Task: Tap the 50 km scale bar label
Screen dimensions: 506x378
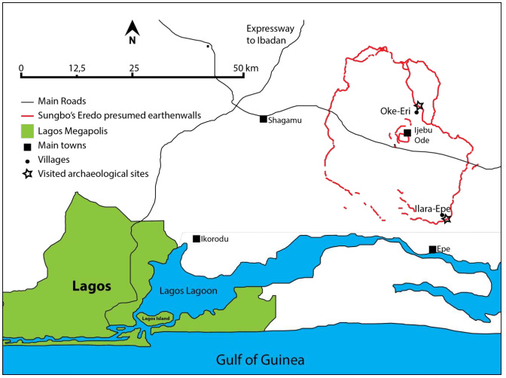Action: [x=246, y=69]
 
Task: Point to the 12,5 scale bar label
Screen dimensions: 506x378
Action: [x=77, y=69]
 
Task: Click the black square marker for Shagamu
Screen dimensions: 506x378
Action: [x=263, y=119]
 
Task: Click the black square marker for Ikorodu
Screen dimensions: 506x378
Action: [x=197, y=239]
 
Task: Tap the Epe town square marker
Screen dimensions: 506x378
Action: [x=432, y=249]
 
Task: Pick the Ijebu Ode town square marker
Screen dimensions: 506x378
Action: [x=407, y=133]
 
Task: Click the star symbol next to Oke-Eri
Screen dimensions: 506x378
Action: [x=419, y=105]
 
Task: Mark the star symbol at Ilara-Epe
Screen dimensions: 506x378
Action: [x=446, y=219]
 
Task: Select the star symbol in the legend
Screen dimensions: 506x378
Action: [x=26, y=174]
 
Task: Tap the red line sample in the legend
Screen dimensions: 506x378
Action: [x=26, y=115]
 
